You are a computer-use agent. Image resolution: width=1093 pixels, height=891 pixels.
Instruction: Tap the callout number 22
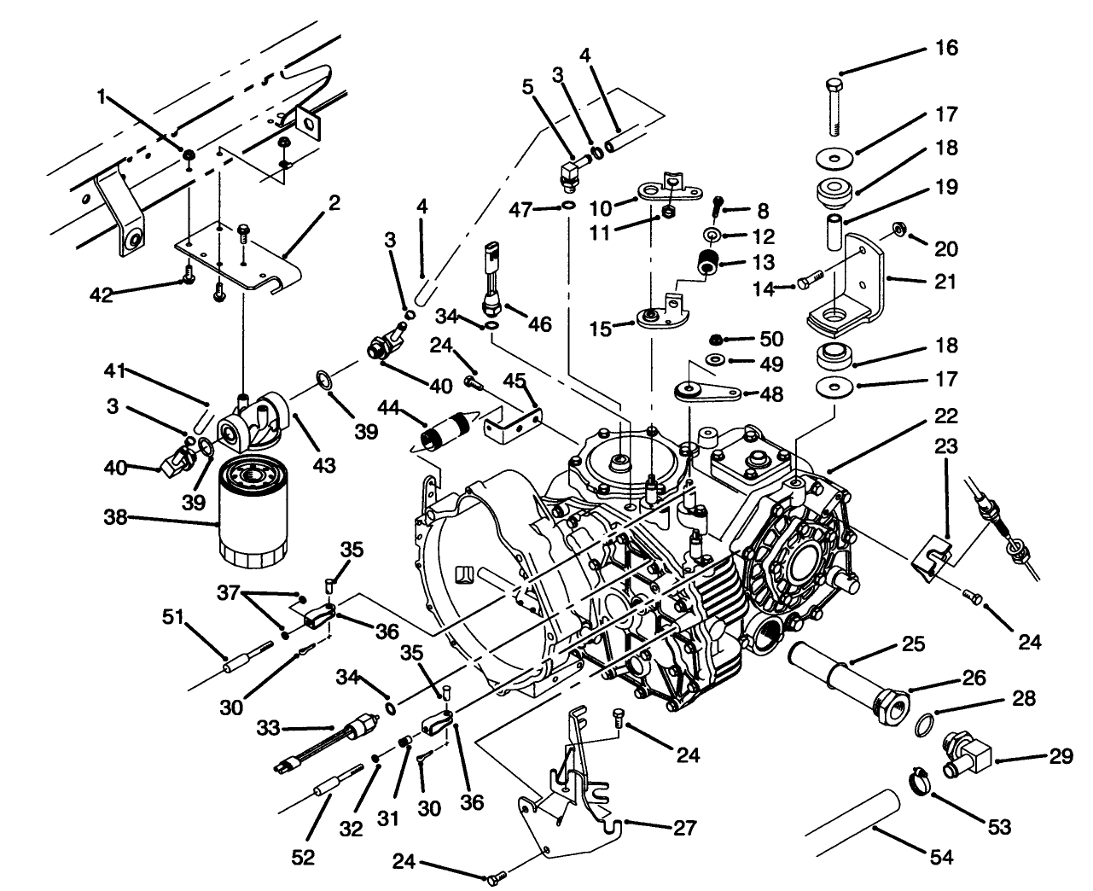pos(945,416)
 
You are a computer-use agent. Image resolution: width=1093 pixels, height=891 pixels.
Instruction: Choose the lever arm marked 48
pos(705,393)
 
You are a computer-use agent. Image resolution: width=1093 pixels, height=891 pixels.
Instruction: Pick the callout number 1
pos(102,98)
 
